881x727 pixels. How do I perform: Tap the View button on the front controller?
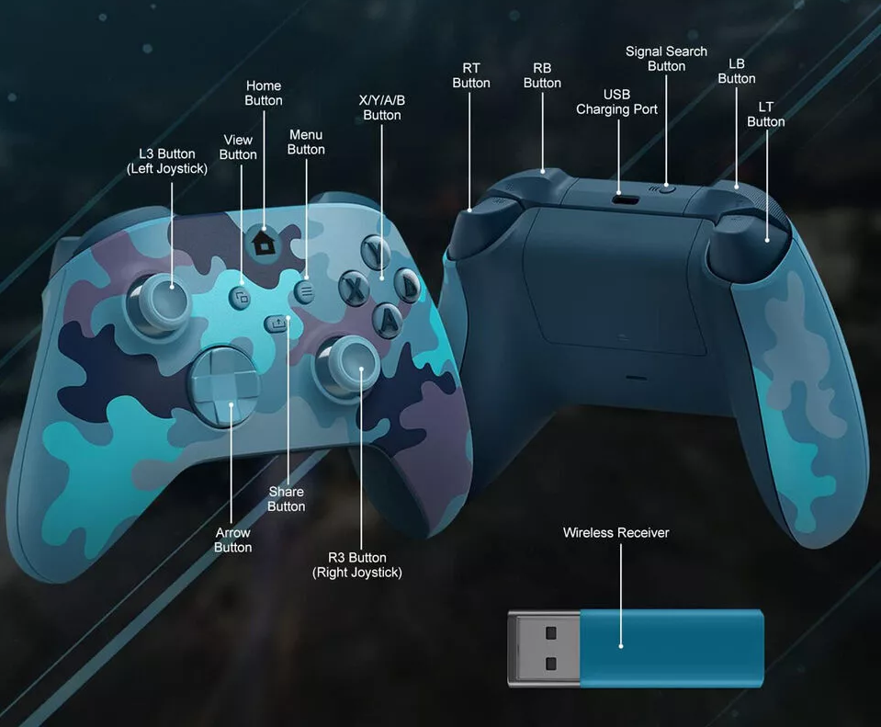241,297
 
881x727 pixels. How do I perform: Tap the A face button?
390,318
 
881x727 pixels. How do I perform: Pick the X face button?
354,288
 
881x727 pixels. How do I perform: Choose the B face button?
407,286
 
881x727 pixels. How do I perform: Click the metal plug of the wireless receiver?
544,649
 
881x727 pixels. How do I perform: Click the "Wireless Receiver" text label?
616,533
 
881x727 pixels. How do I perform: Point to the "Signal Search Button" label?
666,59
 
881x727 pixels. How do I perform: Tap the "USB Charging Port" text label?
616,102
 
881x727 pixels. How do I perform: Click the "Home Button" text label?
264,93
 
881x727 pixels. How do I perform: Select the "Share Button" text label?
286,499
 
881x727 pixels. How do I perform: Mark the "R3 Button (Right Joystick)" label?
357,565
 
